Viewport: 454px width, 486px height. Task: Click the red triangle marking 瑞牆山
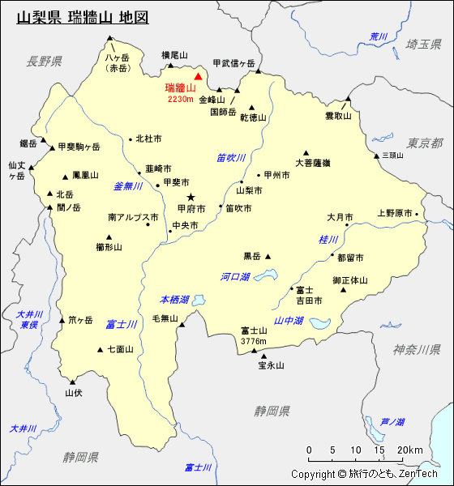(x=198, y=76)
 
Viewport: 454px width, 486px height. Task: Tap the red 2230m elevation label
(x=181, y=99)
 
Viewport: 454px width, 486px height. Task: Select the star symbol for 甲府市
(x=191, y=197)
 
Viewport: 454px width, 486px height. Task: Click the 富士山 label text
(x=254, y=330)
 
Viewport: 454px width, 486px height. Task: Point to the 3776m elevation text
(x=254, y=341)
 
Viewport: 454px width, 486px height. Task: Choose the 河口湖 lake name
(x=235, y=277)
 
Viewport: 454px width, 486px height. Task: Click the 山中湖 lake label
(x=289, y=321)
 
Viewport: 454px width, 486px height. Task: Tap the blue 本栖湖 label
(x=174, y=299)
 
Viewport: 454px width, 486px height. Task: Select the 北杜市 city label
(x=148, y=139)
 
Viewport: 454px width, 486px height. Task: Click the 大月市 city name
(x=340, y=217)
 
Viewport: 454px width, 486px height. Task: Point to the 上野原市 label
(x=395, y=214)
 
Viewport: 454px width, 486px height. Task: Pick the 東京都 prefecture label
(x=425, y=143)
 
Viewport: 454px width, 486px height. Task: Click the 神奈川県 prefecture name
(x=417, y=349)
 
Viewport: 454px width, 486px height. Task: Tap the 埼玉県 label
(x=424, y=44)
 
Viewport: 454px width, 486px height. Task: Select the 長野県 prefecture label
(x=44, y=61)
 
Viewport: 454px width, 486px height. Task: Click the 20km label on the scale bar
(x=410, y=450)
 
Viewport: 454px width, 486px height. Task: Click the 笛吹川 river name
(x=231, y=158)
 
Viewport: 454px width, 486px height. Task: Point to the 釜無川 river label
(x=128, y=186)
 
